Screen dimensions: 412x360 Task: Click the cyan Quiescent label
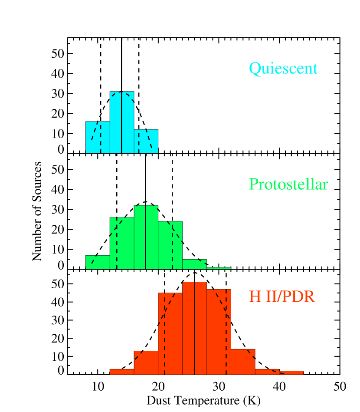click(283, 69)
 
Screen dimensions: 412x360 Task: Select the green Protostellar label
click(288, 185)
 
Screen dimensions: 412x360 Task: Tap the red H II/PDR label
click(281, 297)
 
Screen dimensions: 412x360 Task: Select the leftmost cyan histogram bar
click(93, 137)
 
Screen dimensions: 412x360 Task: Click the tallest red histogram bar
click(189, 328)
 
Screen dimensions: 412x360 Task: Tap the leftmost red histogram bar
click(122, 372)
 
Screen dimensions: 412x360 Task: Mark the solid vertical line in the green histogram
click(146, 237)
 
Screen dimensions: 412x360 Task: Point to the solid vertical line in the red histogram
click(195, 328)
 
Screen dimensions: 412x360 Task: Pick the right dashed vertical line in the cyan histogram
click(139, 141)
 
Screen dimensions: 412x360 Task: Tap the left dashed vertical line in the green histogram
click(117, 243)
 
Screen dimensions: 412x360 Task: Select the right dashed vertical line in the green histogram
click(172, 245)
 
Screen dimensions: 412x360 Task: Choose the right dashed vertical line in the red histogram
click(226, 332)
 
